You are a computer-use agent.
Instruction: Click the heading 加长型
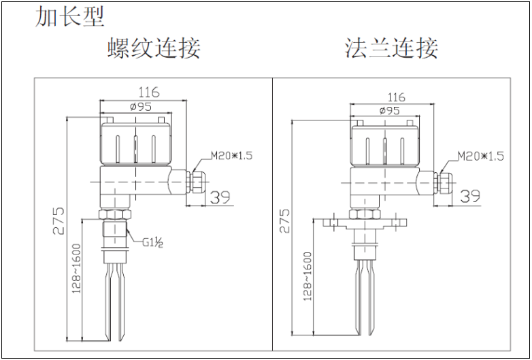69,17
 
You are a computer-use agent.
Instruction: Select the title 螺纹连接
154,49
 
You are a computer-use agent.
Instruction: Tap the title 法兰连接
391,49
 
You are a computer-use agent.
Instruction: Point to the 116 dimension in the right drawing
396,97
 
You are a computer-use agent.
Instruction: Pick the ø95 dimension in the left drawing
139,107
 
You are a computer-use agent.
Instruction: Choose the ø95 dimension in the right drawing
388,110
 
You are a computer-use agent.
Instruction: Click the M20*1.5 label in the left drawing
231,156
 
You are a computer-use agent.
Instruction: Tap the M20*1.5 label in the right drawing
481,157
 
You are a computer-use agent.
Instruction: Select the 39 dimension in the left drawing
219,197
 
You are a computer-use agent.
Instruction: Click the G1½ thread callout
152,242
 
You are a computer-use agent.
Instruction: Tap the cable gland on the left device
195,181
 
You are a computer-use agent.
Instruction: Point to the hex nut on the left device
114,215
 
